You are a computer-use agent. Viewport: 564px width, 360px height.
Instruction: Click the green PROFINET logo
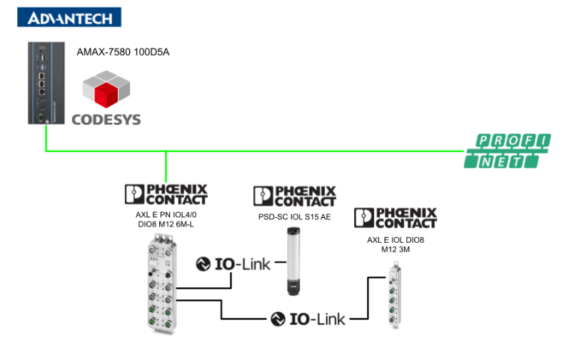coord(507,151)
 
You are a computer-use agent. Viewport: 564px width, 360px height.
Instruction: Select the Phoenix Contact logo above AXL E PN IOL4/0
coord(166,194)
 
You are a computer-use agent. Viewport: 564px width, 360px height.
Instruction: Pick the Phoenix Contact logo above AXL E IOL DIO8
coord(395,218)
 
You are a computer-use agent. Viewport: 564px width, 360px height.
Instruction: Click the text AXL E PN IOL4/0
coord(166,214)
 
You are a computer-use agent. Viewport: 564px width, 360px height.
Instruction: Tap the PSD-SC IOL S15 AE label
coord(294,216)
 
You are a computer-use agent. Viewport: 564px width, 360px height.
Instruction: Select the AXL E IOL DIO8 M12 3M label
coord(396,244)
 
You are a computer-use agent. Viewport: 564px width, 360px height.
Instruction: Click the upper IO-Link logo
coord(233,264)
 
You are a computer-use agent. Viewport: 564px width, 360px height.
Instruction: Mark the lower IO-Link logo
coord(308,319)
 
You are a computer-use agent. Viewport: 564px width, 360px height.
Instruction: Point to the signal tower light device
coord(294,261)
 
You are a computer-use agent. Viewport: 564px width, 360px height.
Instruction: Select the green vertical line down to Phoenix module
coord(166,166)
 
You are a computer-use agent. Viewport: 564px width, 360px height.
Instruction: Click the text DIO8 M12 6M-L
coord(166,225)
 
